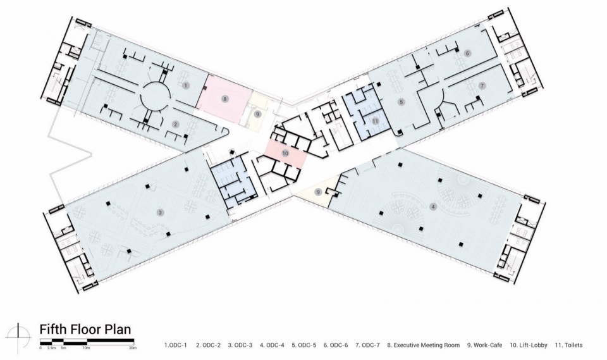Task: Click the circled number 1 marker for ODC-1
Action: (x=186, y=85)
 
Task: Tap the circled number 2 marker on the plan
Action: (x=176, y=125)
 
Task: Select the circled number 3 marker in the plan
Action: (x=159, y=212)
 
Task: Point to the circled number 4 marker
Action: (x=433, y=207)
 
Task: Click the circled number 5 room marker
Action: (x=402, y=102)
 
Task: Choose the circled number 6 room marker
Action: (x=467, y=53)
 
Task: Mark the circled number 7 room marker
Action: (x=482, y=85)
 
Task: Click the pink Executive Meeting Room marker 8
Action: (x=225, y=99)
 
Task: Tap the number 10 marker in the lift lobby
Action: (x=285, y=154)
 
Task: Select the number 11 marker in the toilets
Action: (x=375, y=121)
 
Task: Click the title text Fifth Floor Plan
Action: (x=85, y=330)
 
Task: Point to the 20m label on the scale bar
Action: (x=133, y=348)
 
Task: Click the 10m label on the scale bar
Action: (x=87, y=348)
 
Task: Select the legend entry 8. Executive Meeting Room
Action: (x=424, y=345)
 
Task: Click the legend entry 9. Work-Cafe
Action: (x=484, y=345)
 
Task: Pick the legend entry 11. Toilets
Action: (x=568, y=345)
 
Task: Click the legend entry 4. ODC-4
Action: (x=272, y=345)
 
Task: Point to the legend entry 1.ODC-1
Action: (x=176, y=345)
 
